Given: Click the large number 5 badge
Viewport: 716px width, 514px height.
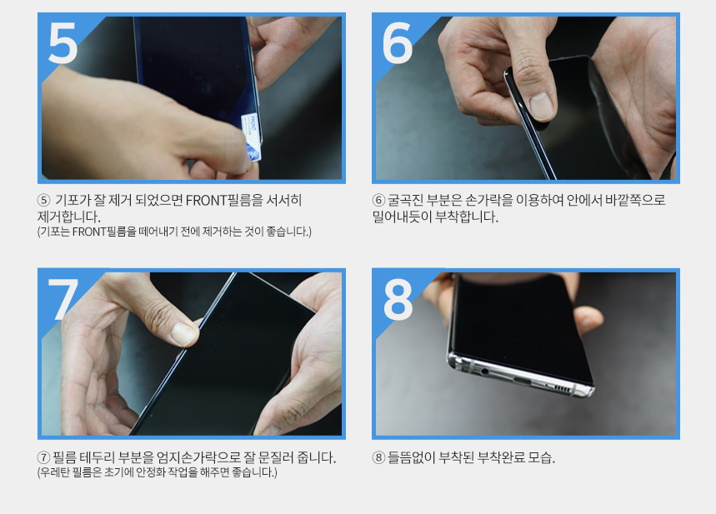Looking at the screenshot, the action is [x=63, y=43].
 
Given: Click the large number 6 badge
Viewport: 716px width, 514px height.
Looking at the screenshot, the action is [x=398, y=43].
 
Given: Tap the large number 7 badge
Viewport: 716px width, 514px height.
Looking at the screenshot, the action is [x=63, y=299].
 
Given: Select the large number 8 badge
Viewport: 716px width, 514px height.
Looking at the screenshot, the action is [x=398, y=299].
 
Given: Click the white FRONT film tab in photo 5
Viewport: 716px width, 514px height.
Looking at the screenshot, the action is [x=252, y=137].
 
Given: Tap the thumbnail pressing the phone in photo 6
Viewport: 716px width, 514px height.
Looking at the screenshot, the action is [x=542, y=106].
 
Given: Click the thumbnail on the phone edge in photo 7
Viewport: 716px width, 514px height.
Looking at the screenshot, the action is [x=184, y=334].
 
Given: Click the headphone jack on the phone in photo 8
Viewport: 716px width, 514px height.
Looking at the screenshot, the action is [x=485, y=372].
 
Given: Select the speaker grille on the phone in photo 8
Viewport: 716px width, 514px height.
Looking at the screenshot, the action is [x=561, y=389].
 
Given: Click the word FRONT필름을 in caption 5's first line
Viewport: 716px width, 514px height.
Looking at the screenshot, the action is [x=225, y=200].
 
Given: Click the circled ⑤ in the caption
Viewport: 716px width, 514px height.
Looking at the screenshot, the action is [x=43, y=200].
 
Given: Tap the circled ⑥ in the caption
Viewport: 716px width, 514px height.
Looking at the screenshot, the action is [x=378, y=200].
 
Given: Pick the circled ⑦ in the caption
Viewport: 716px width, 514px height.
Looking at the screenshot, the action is [x=43, y=457].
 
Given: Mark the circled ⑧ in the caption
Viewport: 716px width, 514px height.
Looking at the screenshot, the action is [x=378, y=457].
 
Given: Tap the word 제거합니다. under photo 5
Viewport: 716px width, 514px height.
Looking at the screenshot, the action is [x=68, y=217].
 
